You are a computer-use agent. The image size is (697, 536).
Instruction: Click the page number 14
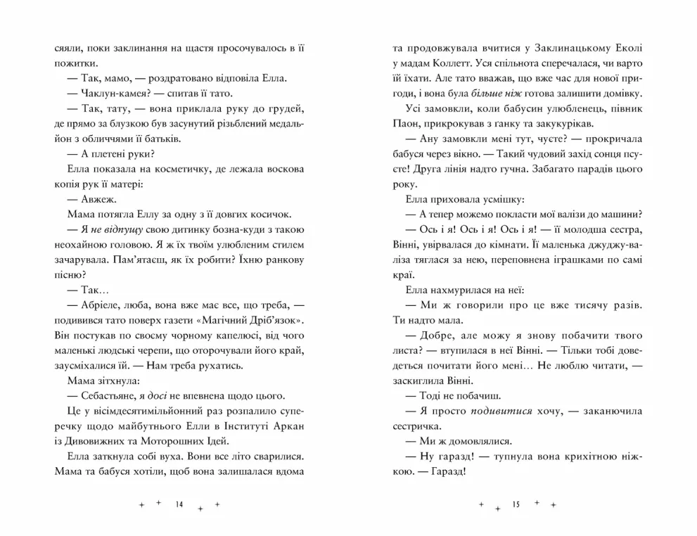179,504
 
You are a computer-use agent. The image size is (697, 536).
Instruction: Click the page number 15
516,504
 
